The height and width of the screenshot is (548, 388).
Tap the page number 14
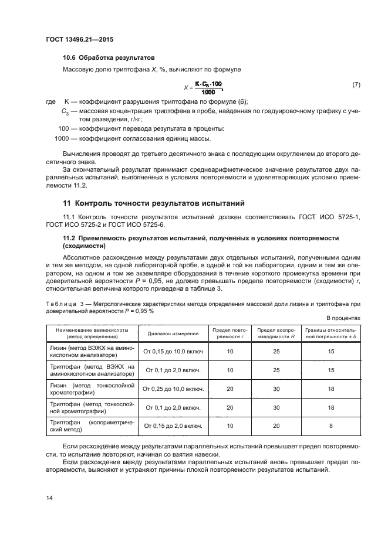click(x=49, y=498)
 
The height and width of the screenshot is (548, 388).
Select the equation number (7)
click(x=356, y=85)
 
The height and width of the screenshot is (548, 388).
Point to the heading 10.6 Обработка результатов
click(x=109, y=59)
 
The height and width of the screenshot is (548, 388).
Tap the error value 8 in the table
click(x=331, y=426)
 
